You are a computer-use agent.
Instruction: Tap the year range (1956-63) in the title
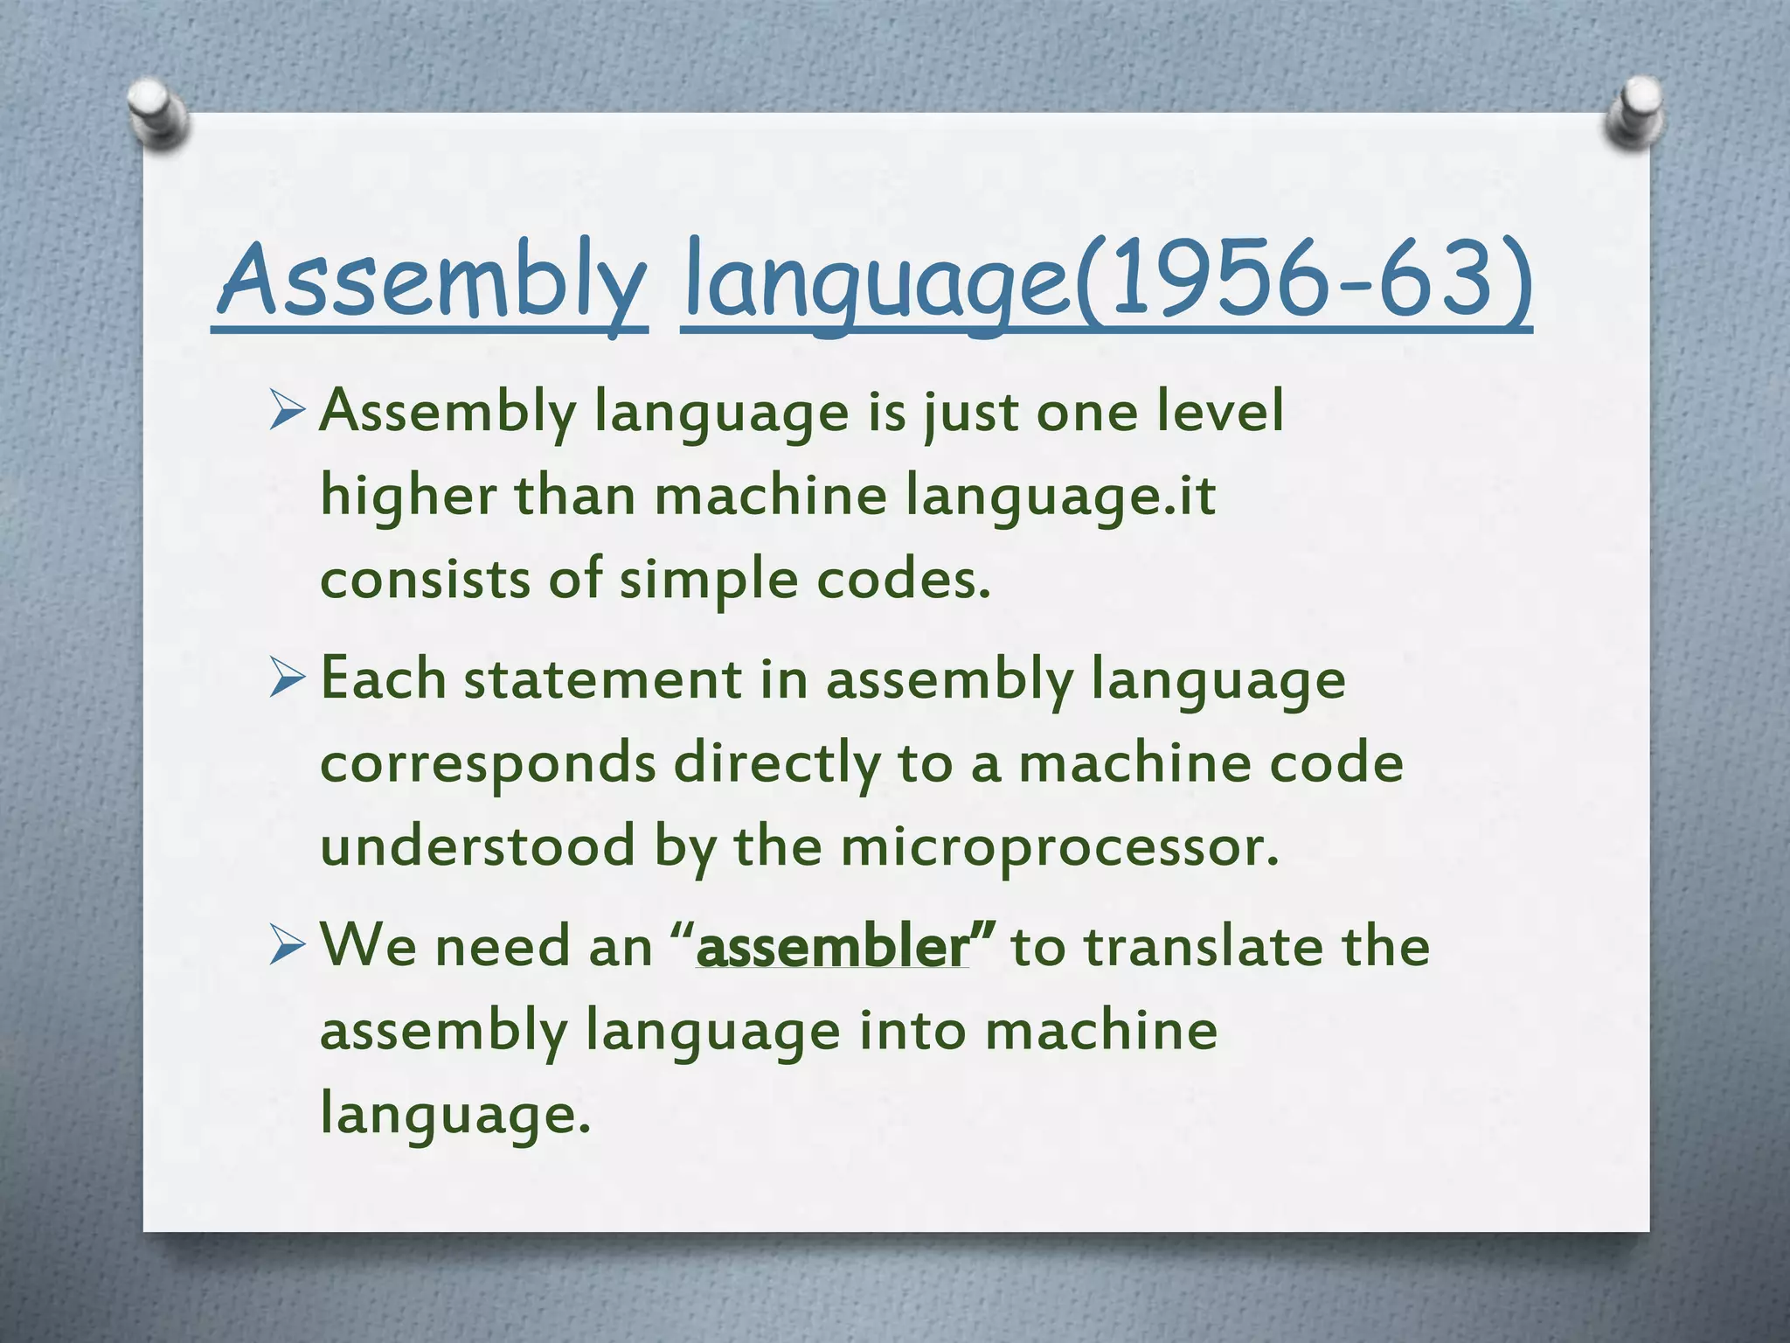1302,278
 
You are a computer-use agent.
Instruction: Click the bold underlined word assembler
833,947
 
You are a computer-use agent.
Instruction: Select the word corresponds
488,763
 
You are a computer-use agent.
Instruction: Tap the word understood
477,847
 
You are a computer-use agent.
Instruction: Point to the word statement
602,679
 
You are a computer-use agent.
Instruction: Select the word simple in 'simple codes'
708,581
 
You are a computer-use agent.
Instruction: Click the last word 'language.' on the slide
455,1115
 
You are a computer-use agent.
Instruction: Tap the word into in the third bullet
912,1031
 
